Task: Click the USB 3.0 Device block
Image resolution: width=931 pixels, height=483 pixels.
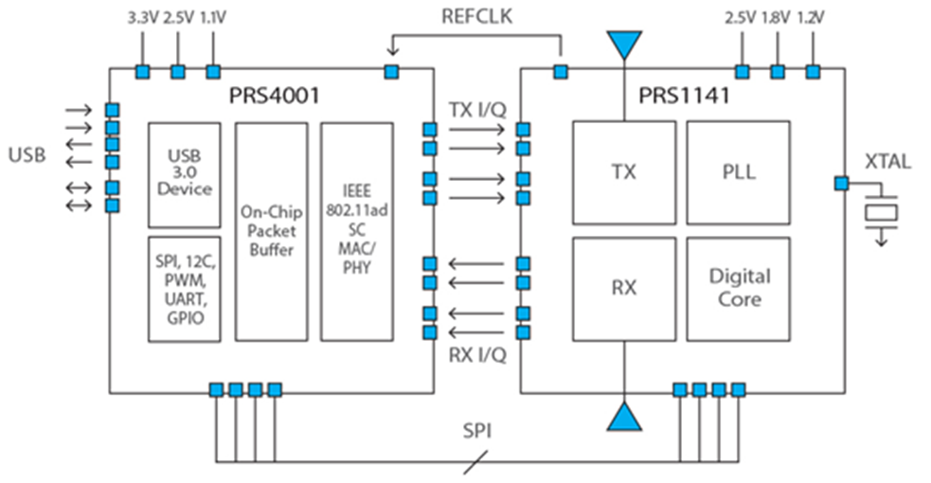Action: [x=184, y=175]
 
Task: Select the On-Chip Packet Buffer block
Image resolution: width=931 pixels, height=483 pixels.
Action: [x=271, y=231]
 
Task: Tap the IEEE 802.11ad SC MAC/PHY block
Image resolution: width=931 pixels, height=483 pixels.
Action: [x=357, y=231]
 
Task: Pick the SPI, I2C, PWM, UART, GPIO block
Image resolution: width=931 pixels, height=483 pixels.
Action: [x=184, y=289]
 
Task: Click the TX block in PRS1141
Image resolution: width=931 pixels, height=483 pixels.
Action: [x=624, y=172]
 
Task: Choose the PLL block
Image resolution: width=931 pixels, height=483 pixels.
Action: [x=739, y=172]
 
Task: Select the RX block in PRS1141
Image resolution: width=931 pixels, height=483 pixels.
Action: [x=624, y=289]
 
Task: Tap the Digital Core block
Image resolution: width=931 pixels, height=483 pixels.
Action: [x=739, y=289]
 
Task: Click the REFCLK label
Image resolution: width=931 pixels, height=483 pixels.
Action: [x=476, y=16]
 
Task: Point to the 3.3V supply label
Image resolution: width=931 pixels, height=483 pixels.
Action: [x=143, y=18]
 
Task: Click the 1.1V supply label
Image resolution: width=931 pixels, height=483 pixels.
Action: [x=212, y=18]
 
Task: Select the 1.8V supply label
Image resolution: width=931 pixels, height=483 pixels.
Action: [x=776, y=18]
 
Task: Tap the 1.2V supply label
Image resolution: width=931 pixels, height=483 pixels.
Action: [x=811, y=18]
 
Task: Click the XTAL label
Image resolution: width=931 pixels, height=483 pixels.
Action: [x=887, y=161]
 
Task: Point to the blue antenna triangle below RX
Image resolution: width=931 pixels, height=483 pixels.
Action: [x=624, y=416]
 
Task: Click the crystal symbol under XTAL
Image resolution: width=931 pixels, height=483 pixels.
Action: [x=881, y=212]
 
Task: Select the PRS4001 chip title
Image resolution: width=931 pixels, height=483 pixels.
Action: [x=275, y=96]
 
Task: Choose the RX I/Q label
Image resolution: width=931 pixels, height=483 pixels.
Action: [x=477, y=355]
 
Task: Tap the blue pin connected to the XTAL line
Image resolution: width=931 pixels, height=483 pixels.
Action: [x=841, y=184]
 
